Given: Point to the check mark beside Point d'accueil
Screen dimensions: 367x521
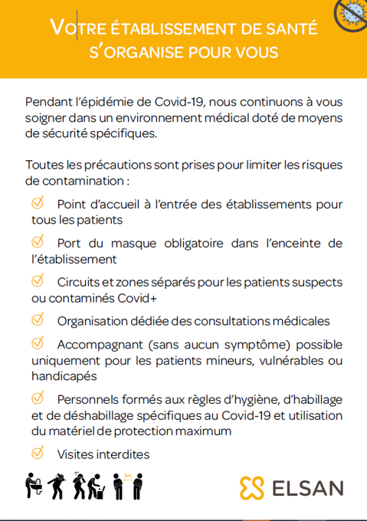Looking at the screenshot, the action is coord(38,203).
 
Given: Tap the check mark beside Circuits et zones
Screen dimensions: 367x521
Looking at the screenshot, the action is coord(38,280).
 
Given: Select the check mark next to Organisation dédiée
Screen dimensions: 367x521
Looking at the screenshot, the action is coord(38,319).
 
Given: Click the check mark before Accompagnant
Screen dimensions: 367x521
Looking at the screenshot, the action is coord(38,342).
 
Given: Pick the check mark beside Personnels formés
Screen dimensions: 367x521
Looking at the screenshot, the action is coord(38,398).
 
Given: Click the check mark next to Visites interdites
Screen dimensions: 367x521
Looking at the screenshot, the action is coord(38,454).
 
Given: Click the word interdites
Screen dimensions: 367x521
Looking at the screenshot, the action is coord(123,454).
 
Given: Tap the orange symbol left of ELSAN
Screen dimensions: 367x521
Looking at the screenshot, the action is coord(251,487).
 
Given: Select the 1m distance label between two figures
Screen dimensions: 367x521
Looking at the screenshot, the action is coord(127,477).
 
